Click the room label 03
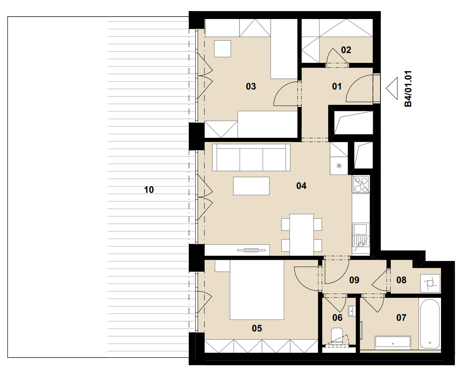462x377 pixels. click(251, 86)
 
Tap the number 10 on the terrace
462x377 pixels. click(149, 190)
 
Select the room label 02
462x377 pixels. click(346, 50)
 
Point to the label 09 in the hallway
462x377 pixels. click(354, 280)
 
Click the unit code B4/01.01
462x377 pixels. click(408, 88)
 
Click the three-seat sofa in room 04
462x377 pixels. click(251, 157)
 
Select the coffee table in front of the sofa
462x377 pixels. click(251, 186)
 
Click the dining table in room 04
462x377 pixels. click(302, 234)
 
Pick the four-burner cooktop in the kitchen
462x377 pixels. click(361, 185)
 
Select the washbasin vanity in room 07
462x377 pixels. click(393, 342)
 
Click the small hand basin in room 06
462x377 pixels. click(351, 311)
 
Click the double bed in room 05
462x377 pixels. click(257, 290)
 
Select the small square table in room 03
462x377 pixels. click(222, 49)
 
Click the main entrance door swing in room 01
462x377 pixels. click(359, 88)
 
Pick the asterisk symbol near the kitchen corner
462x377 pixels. click(339, 166)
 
